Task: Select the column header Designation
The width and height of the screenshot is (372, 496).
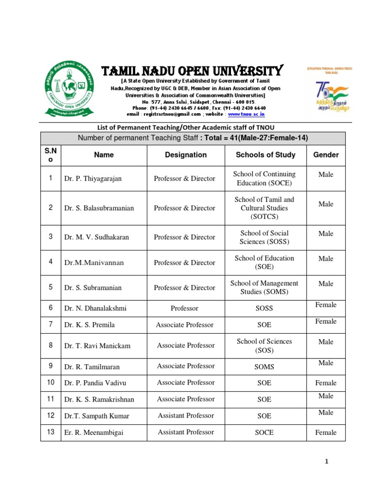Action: (x=186, y=155)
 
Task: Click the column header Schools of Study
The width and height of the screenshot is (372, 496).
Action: (x=265, y=155)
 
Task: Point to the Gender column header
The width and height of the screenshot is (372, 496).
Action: (x=326, y=155)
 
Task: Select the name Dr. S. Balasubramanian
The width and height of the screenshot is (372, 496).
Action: (x=99, y=208)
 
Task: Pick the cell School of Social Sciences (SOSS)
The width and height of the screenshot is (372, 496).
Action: (x=264, y=237)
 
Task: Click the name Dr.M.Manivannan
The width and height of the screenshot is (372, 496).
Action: (x=94, y=263)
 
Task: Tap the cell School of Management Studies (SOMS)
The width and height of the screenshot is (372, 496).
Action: (x=264, y=287)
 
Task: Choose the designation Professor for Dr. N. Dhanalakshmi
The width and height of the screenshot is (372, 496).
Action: (x=185, y=308)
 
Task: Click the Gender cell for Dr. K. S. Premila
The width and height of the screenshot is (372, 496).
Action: (x=325, y=322)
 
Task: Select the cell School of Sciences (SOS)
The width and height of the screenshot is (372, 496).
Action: (x=264, y=345)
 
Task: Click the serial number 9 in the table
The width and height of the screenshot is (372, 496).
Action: (x=50, y=367)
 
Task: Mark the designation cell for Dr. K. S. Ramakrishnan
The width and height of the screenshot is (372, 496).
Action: (x=186, y=399)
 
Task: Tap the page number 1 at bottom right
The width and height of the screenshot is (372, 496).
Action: (x=327, y=462)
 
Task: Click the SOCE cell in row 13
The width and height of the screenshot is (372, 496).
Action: (x=264, y=433)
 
